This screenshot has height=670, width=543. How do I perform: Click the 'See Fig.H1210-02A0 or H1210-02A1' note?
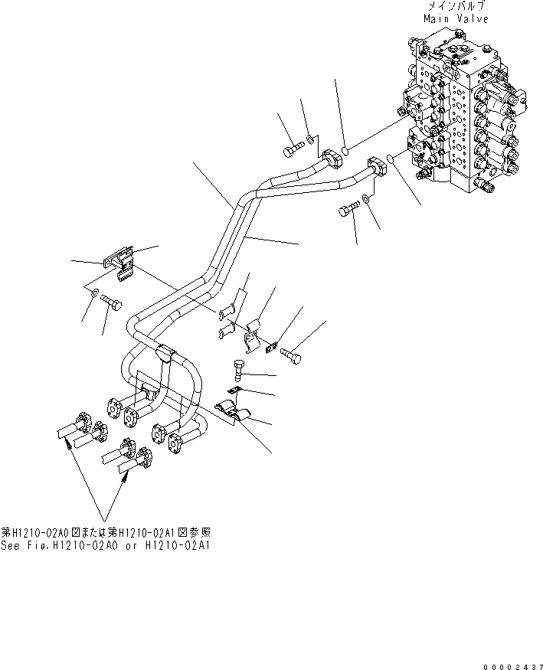tap(106, 546)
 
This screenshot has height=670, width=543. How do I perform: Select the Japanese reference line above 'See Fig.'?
tap(106, 532)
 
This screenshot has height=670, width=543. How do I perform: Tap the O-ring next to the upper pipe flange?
tap(345, 150)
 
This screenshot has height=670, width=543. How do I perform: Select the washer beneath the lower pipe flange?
tap(366, 199)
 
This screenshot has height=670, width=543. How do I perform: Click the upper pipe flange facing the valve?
tap(332, 159)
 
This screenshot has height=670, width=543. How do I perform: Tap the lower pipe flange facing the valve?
tap(378, 166)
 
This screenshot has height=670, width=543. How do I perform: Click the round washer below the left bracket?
tap(93, 294)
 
